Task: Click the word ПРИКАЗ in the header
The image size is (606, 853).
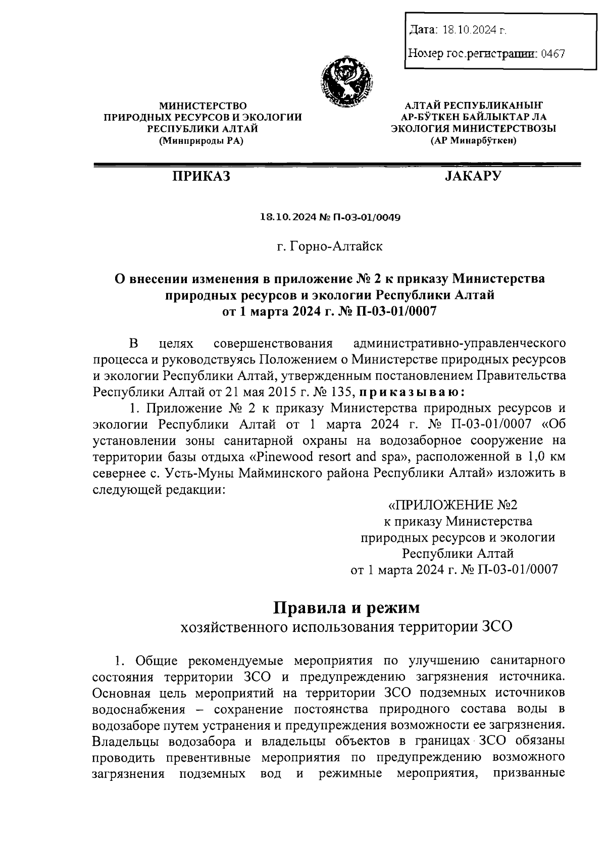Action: click(200, 176)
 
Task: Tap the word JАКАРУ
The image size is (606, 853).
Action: click(473, 176)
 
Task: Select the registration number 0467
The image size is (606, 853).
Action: click(552, 52)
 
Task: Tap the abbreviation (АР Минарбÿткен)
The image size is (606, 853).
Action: click(473, 141)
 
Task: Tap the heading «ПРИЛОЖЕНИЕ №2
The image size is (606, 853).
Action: click(453, 505)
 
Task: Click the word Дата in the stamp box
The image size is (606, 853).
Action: click(422, 30)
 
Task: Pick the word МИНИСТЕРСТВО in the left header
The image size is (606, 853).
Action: click(203, 105)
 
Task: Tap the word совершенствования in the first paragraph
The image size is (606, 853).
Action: click(273, 344)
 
